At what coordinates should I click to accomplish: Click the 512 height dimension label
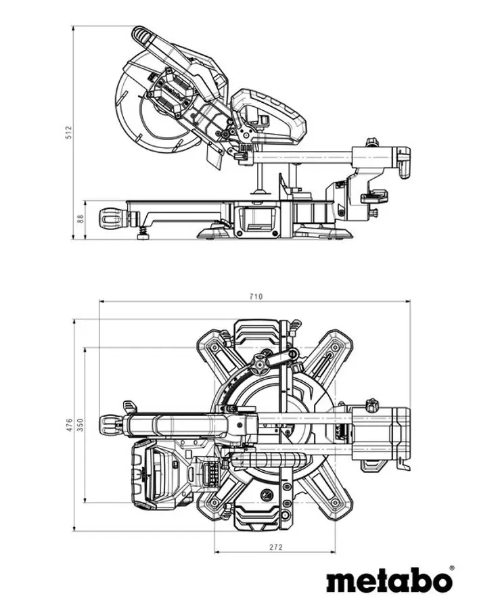[69, 133]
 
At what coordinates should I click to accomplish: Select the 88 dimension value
[80, 219]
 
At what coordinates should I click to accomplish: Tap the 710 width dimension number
[256, 296]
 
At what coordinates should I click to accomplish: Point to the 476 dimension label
[69, 425]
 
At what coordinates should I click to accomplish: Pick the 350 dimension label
[80, 425]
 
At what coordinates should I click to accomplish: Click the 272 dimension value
[275, 547]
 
